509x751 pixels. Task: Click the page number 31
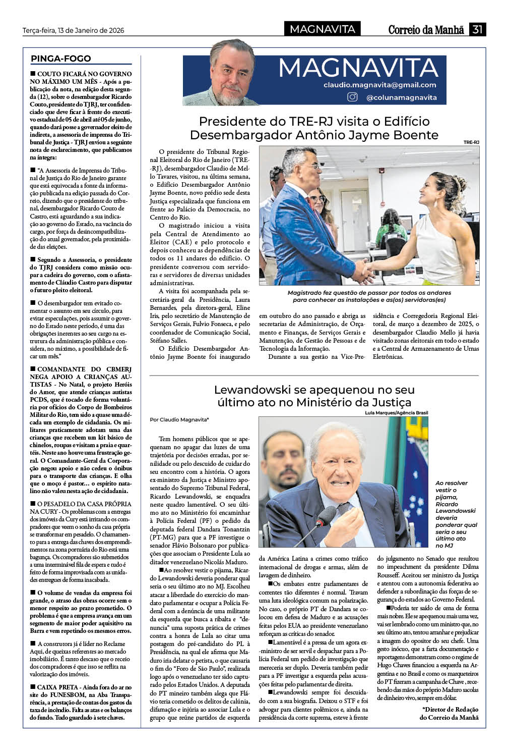tap(477, 29)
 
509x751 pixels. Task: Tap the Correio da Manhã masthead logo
tap(426, 30)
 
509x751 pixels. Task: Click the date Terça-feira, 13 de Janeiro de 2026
tap(74, 30)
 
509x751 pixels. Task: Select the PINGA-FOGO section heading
tap(61, 59)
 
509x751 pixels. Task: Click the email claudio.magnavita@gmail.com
tap(380, 85)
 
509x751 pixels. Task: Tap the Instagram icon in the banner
tap(353, 97)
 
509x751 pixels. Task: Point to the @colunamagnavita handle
tap(401, 97)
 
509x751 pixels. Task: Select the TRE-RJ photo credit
tap(471, 143)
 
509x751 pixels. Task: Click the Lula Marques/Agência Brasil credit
tap(397, 413)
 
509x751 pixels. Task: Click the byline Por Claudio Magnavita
tap(179, 419)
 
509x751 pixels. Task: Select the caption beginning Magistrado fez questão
tap(369, 296)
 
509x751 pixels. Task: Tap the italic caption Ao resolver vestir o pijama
tap(456, 514)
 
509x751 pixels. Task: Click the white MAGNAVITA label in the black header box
tap(323, 29)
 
